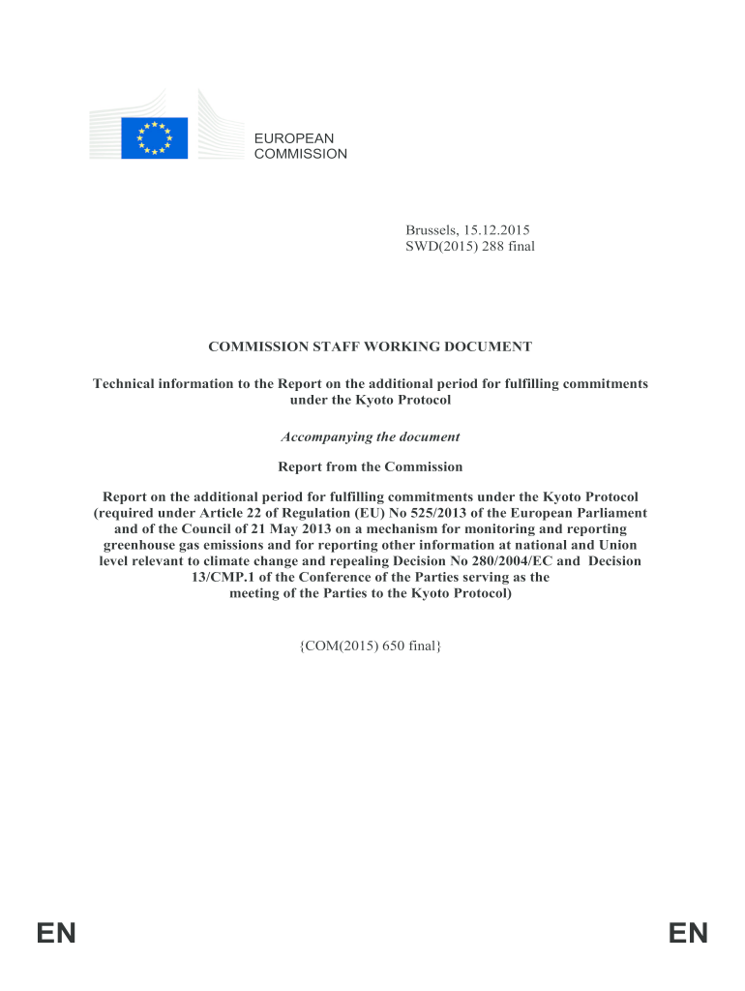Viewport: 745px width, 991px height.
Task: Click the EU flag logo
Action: (154, 137)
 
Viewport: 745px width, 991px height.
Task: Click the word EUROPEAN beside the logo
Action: (293, 138)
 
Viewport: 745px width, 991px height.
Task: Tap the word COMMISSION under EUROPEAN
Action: (300, 154)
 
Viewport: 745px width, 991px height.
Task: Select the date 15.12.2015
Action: (496, 230)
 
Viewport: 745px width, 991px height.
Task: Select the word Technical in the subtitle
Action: (126, 384)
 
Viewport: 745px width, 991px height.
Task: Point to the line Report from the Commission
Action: (371, 466)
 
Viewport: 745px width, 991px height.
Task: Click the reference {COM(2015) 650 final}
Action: (371, 644)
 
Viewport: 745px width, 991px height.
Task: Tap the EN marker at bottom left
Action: (56, 934)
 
